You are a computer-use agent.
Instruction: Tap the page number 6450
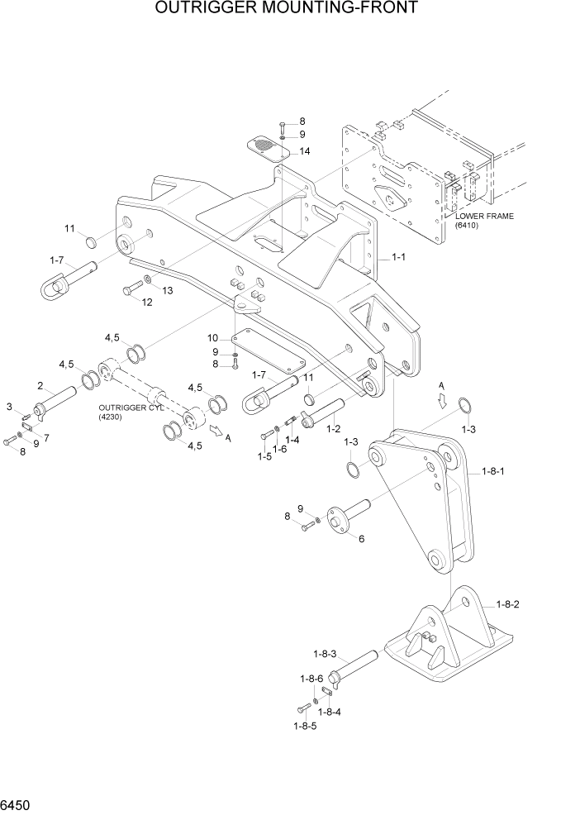point(17,804)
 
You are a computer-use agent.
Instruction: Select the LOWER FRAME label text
point(484,216)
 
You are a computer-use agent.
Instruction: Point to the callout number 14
point(305,151)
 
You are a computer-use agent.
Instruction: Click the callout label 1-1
point(397,258)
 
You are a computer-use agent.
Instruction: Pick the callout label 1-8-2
point(508,604)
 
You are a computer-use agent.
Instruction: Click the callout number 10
point(212,338)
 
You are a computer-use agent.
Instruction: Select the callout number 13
point(167,290)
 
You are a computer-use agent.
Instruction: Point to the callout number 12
point(147,303)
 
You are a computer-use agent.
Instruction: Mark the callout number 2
point(40,385)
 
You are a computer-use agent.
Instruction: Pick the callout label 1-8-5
point(304,726)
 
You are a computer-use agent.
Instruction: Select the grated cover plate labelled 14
point(268,147)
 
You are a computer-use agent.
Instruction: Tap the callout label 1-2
point(334,429)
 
